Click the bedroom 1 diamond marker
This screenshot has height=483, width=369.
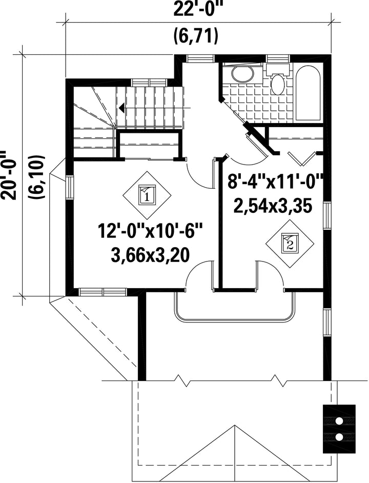point(147,195)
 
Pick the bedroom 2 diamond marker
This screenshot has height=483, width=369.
point(290,244)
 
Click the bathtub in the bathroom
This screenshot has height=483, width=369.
point(308,94)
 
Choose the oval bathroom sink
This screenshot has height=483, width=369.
point(243,74)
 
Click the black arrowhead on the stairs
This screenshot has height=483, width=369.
point(121,108)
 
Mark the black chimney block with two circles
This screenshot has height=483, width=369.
point(339,429)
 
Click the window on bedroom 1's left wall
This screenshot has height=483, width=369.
point(70,188)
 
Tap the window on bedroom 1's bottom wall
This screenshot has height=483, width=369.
point(103,292)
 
